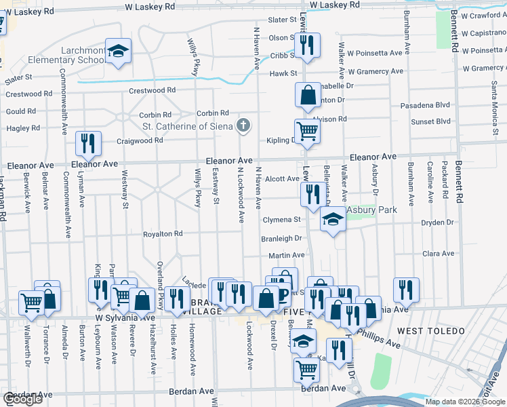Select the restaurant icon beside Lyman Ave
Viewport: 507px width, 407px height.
point(88,143)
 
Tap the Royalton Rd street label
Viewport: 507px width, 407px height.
point(163,234)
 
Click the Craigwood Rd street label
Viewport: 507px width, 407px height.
point(140,140)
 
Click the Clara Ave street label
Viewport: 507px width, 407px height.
point(438,253)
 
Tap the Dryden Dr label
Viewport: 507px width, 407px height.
point(438,222)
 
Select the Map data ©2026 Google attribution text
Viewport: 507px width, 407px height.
point(465,402)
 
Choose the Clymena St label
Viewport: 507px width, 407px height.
point(281,220)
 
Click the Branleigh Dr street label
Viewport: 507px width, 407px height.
point(282,239)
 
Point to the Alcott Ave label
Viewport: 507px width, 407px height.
point(282,179)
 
